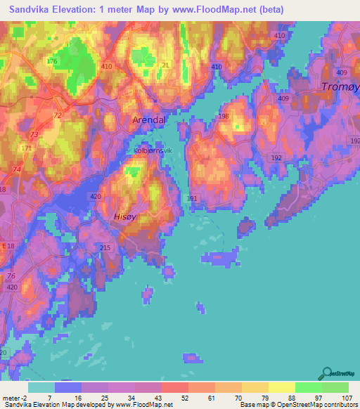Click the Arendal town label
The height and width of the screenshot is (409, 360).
click(x=149, y=120)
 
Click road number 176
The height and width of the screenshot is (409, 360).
click(x=51, y=62)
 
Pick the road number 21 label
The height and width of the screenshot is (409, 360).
click(x=165, y=65)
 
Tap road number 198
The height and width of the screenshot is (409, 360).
click(x=224, y=117)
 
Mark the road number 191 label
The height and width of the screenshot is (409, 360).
click(x=192, y=199)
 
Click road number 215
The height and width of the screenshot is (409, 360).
click(x=105, y=249)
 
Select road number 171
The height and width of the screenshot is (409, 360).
click(x=27, y=148)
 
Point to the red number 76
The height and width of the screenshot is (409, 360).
click(x=11, y=276)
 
